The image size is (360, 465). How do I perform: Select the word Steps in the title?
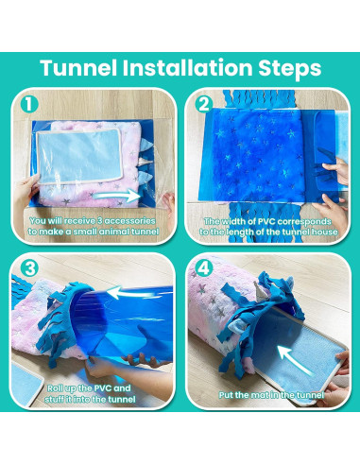pyautogui.click(x=290, y=69)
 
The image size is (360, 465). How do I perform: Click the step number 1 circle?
pyautogui.click(x=28, y=103)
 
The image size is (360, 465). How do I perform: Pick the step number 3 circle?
pyautogui.click(x=28, y=268)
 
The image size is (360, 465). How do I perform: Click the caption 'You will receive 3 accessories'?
pyautogui.click(x=93, y=226)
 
